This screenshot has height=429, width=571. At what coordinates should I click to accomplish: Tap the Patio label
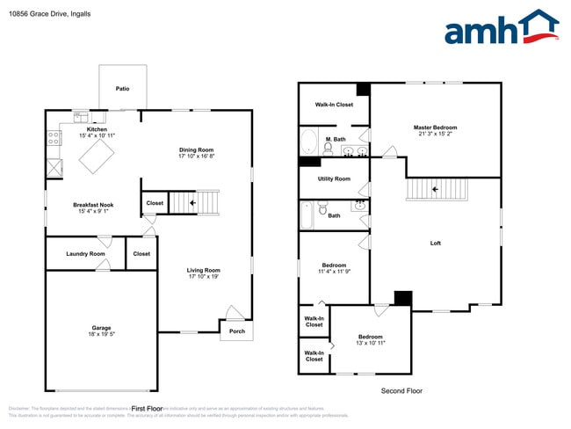(x=123, y=89)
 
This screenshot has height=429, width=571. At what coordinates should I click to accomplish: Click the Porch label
(x=237, y=331)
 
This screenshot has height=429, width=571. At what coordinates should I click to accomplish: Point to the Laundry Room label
(x=85, y=254)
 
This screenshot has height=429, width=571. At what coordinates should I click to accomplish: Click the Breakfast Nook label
(x=93, y=205)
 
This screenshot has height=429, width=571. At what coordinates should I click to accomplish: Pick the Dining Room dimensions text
(x=197, y=156)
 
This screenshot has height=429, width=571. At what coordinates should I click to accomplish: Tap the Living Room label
(x=203, y=270)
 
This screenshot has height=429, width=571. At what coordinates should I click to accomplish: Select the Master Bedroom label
(x=435, y=127)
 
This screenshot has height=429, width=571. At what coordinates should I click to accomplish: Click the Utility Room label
(x=334, y=178)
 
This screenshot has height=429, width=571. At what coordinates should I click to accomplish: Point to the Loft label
(x=435, y=243)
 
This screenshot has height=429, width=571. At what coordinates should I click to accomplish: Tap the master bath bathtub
(x=309, y=142)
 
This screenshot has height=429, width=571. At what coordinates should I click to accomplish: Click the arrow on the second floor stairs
(x=435, y=189)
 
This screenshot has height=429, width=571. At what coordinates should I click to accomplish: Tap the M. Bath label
(x=334, y=139)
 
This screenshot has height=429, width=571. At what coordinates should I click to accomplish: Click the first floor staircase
(x=193, y=203)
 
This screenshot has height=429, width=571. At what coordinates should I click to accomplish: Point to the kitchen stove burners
(x=52, y=138)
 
